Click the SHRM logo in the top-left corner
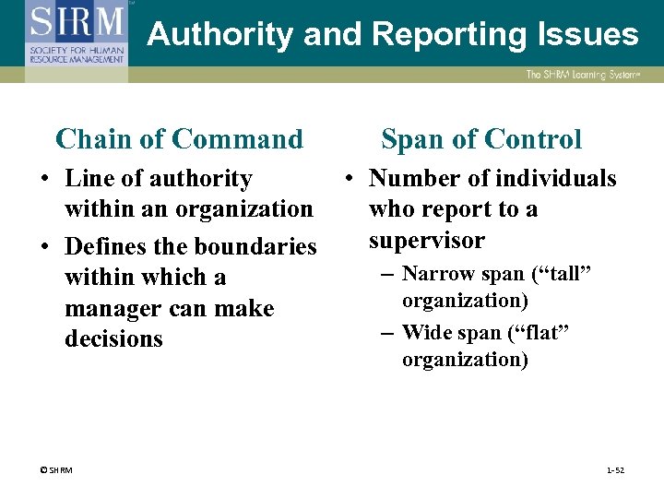coord(77,33)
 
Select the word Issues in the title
coord(591,35)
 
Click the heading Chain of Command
coord(179,139)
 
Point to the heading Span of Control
coord(481,139)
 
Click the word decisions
coord(113,339)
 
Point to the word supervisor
coord(426,241)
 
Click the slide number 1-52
coord(615,470)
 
